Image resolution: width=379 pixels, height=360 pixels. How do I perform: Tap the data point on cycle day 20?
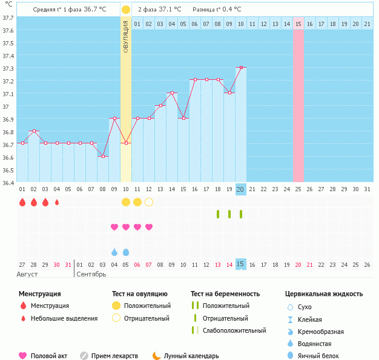click(x=241, y=67)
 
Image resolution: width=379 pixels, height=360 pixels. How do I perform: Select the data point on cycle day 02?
click(x=34, y=131)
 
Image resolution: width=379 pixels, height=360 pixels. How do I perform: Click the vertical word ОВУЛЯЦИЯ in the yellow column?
click(x=125, y=36)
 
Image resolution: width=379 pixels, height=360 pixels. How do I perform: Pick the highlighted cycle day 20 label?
click(x=240, y=189)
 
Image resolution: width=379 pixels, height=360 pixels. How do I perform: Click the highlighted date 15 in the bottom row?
click(x=240, y=264)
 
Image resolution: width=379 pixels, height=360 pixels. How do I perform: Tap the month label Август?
click(x=28, y=274)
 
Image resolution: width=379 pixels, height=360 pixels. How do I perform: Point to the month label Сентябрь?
click(x=91, y=274)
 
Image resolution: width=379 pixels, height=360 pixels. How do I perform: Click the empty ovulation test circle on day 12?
click(x=149, y=202)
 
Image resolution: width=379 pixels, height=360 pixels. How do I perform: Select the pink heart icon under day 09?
click(x=114, y=227)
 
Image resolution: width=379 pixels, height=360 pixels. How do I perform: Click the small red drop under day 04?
click(x=57, y=202)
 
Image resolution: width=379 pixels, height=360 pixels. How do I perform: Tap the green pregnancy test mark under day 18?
click(x=218, y=214)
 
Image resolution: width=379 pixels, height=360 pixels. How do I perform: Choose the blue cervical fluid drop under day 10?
click(x=126, y=252)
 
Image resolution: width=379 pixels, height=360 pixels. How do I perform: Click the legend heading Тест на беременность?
click(x=225, y=294)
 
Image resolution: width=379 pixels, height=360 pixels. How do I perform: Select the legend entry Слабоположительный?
click(x=234, y=330)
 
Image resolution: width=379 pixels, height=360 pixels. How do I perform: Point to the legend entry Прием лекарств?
click(x=114, y=356)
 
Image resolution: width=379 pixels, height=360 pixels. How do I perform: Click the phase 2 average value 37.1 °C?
click(x=170, y=10)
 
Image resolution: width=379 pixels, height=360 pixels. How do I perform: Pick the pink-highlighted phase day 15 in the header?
click(x=298, y=24)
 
